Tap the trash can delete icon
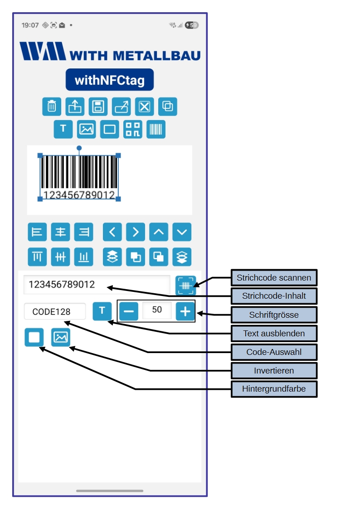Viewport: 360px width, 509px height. pyautogui.click(x=52, y=107)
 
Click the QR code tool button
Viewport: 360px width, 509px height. pyautogui.click(x=132, y=129)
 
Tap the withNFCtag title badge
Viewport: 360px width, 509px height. pyautogui.click(x=110, y=80)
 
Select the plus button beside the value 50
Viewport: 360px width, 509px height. pyautogui.click(x=185, y=311)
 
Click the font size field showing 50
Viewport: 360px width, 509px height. pyautogui.click(x=157, y=310)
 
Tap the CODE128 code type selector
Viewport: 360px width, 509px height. pyautogui.click(x=55, y=312)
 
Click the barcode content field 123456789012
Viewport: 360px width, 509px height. pyautogui.click(x=97, y=285)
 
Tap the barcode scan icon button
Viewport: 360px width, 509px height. pyautogui.click(x=185, y=286)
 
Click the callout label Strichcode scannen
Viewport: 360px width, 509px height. pyautogui.click(x=274, y=278)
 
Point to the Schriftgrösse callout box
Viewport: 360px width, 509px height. pyautogui.click(x=274, y=315)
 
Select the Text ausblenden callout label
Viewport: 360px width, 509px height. pyautogui.click(x=274, y=334)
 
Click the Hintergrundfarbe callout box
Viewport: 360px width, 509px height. pyautogui.click(x=274, y=389)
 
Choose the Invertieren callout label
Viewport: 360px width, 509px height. pyautogui.click(x=274, y=370)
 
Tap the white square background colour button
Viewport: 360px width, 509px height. pyautogui.click(x=34, y=337)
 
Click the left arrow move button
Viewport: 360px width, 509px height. pyautogui.click(x=112, y=233)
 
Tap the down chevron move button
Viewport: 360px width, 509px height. pyautogui.click(x=182, y=233)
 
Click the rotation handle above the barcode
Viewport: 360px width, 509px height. pyautogui.click(x=79, y=148)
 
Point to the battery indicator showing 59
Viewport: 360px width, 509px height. pyautogui.click(x=191, y=25)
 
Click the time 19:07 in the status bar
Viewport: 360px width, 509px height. pyautogui.click(x=30, y=25)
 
